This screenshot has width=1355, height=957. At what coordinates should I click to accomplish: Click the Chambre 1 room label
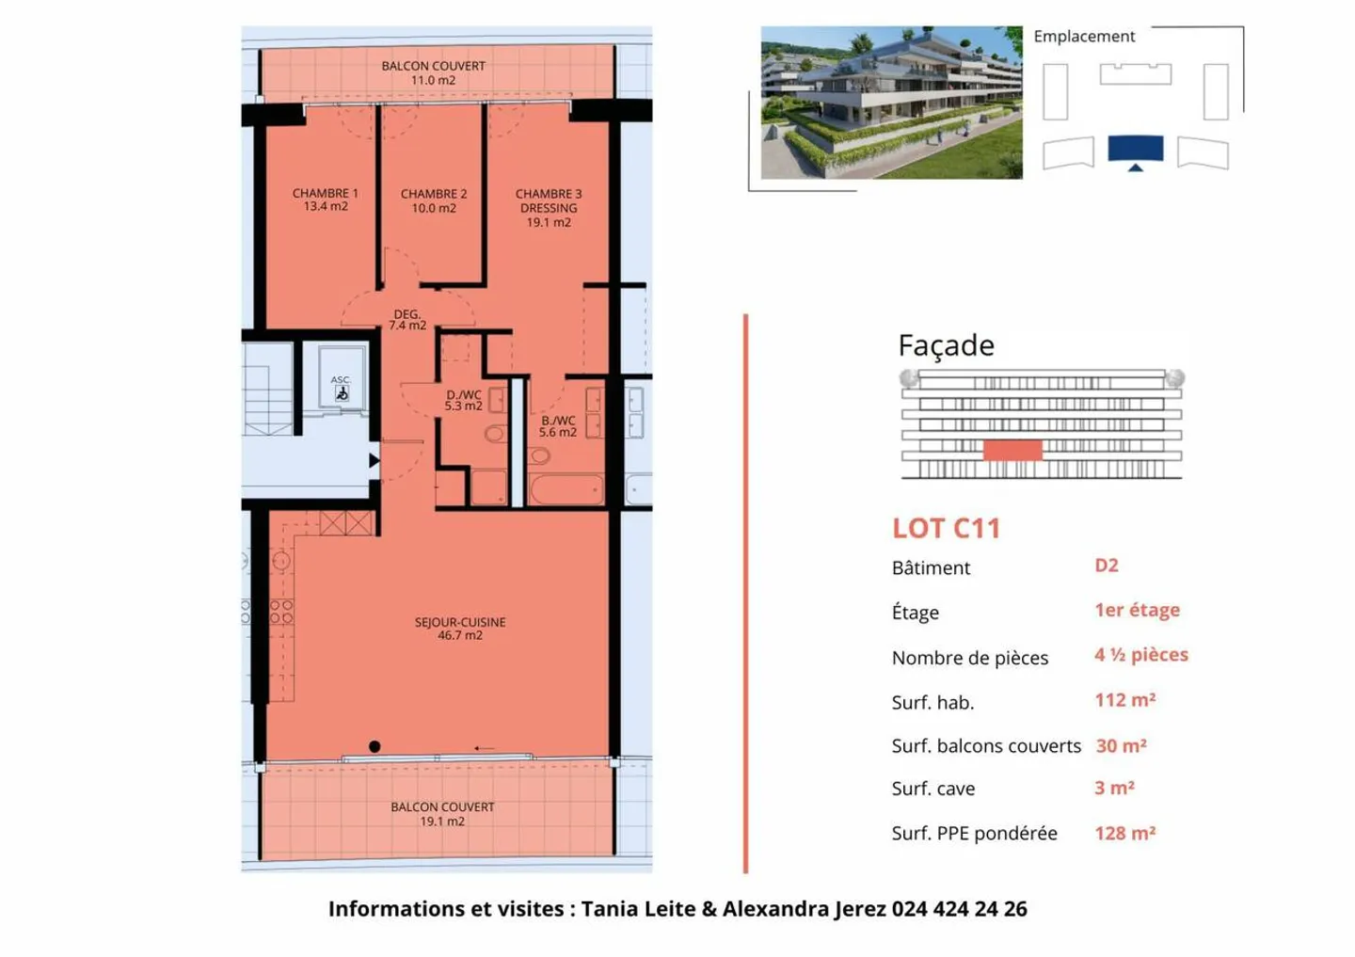point(325,199)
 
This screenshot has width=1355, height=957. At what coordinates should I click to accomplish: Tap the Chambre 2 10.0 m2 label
point(433,200)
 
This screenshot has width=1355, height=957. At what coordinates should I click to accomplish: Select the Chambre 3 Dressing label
point(549,208)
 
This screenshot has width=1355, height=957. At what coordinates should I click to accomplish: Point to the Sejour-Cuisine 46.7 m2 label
point(460,629)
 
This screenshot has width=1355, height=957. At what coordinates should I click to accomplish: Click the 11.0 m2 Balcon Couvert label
point(433,73)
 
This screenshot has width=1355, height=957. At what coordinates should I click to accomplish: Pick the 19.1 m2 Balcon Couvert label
point(442,814)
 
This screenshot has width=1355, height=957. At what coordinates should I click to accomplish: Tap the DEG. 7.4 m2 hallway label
point(407,320)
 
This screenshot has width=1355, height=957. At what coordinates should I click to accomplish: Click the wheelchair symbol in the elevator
point(342,394)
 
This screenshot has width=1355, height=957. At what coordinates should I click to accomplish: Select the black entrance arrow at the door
point(374,460)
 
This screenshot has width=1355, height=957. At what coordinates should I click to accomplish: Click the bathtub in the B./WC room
point(566,489)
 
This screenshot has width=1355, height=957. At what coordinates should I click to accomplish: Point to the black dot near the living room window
point(375,746)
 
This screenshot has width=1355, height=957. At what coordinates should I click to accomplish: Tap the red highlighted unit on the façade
point(1012,450)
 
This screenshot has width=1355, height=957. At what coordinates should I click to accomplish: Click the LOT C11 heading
point(946,529)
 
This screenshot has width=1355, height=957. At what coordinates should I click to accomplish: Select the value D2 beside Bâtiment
point(1107,566)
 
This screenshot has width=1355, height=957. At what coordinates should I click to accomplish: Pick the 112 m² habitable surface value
point(1124,700)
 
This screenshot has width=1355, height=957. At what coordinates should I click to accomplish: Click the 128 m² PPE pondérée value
point(1124,833)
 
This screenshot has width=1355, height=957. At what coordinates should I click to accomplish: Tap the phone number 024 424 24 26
point(959,909)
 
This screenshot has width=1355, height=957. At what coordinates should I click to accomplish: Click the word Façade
point(946,345)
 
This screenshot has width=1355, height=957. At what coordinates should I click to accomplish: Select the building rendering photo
point(891,103)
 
